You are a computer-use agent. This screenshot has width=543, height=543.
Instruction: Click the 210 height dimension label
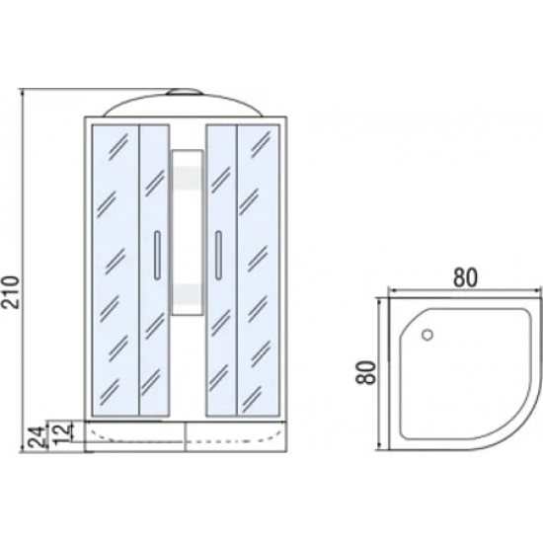pyautogui.click(x=11, y=291)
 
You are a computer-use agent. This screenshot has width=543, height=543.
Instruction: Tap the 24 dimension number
pyautogui.click(x=38, y=437)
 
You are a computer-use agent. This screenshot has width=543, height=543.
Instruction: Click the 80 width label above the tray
pyautogui.click(x=465, y=277)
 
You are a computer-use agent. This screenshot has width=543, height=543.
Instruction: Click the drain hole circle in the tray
pyautogui.click(x=427, y=335)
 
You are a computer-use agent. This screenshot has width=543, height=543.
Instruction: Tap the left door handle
pyautogui.click(x=157, y=256)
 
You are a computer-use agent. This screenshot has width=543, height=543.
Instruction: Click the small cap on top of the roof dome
pyautogui.click(x=184, y=92)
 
